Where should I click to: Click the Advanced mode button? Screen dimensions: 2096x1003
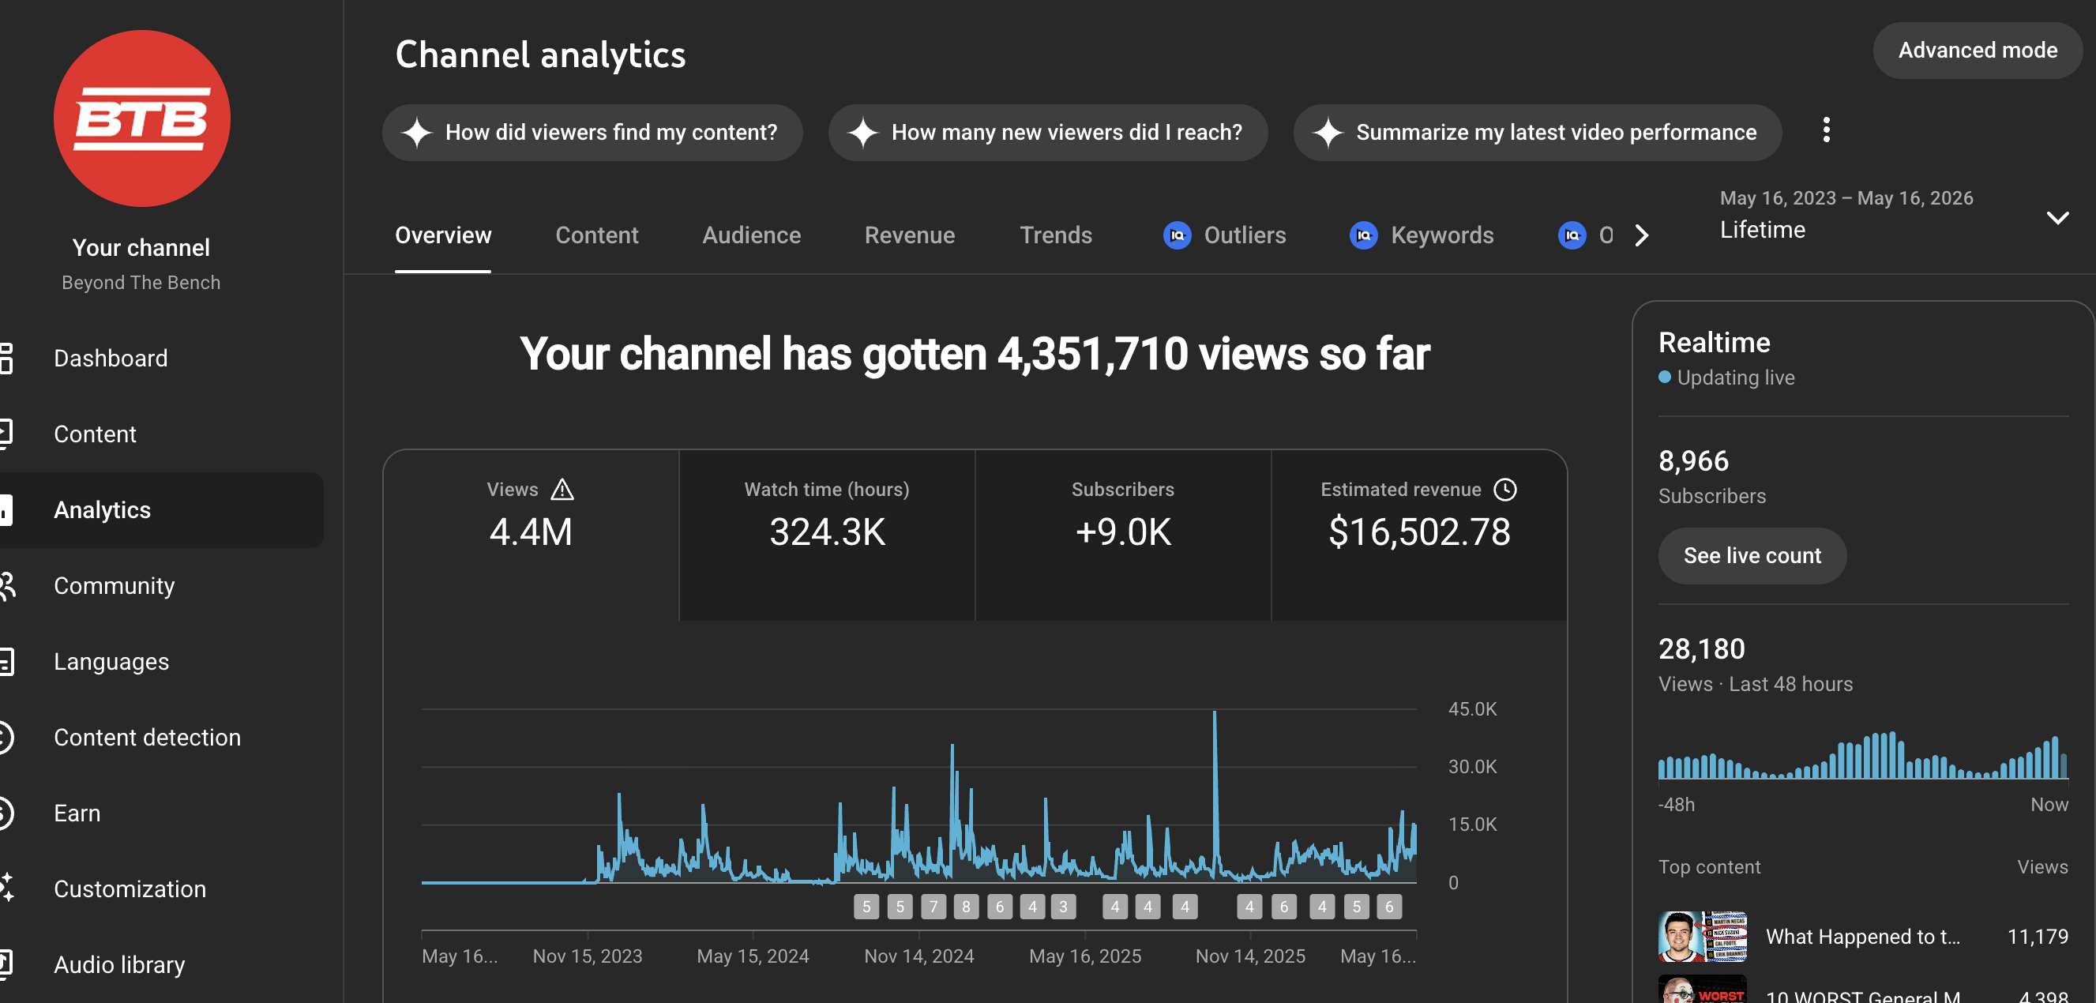click(x=1978, y=51)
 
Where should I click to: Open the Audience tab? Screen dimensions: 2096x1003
click(x=751, y=235)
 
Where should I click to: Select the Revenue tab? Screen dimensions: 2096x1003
click(x=910, y=235)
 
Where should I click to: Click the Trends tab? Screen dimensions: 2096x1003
click(x=1055, y=235)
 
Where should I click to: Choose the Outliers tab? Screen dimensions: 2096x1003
click(x=1225, y=235)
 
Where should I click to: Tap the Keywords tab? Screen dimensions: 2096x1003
click(x=1422, y=235)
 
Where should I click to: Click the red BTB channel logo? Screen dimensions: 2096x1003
click(x=141, y=118)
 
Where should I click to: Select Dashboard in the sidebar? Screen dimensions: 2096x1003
click(x=111, y=358)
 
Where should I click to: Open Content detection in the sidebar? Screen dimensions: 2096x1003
click(x=147, y=737)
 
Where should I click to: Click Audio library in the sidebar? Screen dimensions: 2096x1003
click(x=118, y=964)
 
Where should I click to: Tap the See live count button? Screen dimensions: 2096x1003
click(x=1752, y=555)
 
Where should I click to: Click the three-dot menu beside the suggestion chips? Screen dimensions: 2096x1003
click(x=1826, y=130)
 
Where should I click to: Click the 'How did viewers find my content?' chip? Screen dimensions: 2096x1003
click(x=592, y=133)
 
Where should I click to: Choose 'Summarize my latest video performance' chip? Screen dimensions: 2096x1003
click(x=1537, y=133)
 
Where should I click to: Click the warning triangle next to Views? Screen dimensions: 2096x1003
click(x=562, y=490)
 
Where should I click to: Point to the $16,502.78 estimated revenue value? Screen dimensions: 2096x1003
click(x=1419, y=532)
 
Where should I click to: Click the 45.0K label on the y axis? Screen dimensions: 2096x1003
click(x=1472, y=708)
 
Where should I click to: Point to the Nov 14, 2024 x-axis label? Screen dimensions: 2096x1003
click(x=918, y=956)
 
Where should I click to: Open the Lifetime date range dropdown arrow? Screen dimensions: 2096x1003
click(x=2057, y=218)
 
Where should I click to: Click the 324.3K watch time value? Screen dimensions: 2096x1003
click(x=827, y=532)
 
